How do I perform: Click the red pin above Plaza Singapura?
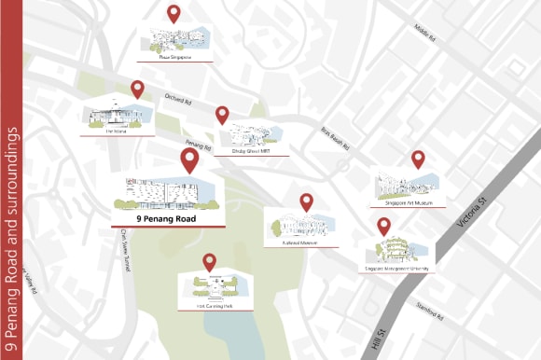click(x=173, y=13)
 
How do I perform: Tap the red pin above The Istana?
click(x=137, y=89)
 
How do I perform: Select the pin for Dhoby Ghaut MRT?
click(x=222, y=115)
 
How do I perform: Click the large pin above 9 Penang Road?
click(x=189, y=159)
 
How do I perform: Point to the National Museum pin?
click(x=306, y=201)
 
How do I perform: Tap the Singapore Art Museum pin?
click(x=418, y=159)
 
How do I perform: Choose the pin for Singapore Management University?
click(x=383, y=226)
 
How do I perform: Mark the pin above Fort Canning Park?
click(x=209, y=262)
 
